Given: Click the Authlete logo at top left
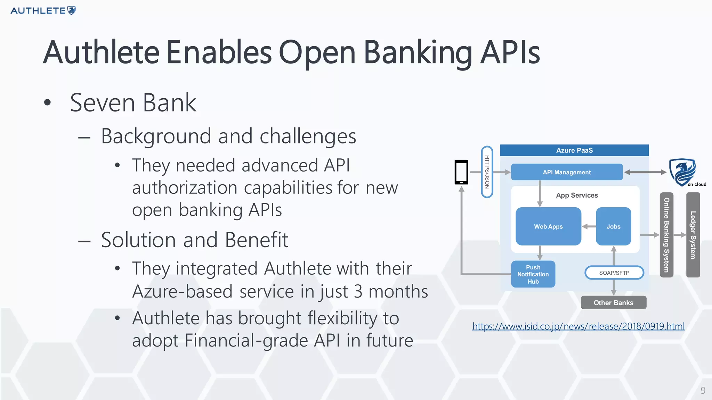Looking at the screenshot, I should click(43, 10).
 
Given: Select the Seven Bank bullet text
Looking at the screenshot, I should click(133, 103).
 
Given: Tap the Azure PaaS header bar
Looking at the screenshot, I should click(574, 150).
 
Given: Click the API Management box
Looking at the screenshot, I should click(567, 172).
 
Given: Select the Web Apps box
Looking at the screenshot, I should click(548, 226).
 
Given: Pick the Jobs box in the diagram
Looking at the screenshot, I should click(613, 226).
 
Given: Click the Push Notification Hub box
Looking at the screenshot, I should click(533, 274).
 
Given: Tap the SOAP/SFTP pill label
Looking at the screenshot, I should click(614, 273).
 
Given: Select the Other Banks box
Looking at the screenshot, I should click(613, 303).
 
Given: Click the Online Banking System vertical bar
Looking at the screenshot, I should click(666, 235).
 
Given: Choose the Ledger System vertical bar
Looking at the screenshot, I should click(693, 235).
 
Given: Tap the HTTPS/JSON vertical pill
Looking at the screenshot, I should click(487, 172).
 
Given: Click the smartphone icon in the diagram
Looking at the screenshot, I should click(461, 172).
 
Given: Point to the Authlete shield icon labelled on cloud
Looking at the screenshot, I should click(682, 172).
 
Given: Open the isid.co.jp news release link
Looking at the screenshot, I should click(578, 326).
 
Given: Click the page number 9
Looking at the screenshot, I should click(703, 391).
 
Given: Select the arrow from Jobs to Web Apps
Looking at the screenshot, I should click(589, 226).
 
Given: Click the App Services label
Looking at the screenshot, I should click(577, 195).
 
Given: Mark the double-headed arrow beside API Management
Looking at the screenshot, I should click(645, 172).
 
